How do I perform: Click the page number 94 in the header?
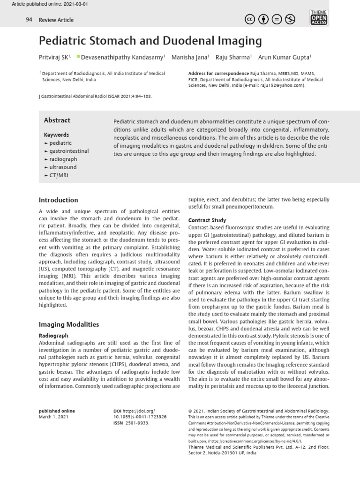29,20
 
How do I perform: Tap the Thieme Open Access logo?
319,17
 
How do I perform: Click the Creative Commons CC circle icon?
250,20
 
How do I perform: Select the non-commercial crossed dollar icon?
290,20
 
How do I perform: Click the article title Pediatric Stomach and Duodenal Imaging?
150,41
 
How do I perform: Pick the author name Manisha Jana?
190,57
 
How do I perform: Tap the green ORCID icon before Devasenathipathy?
78,57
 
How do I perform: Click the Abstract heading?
57,120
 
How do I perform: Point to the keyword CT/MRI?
60,175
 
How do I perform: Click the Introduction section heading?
58,200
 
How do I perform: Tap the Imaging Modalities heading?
68,324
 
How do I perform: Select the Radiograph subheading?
53,336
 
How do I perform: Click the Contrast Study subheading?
207,220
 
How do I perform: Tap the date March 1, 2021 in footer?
53,417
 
